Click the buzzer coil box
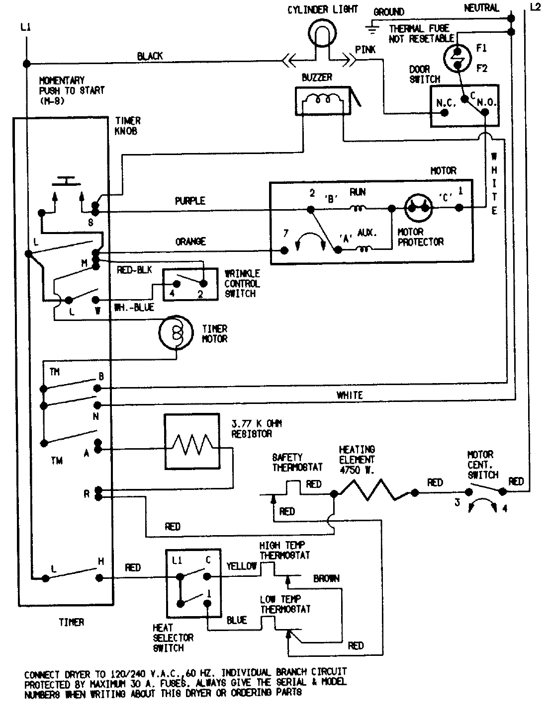(319, 101)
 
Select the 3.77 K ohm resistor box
(191, 442)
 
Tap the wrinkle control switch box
(190, 284)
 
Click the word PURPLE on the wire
(190, 201)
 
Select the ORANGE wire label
(190, 241)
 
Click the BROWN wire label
(326, 578)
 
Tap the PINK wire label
(365, 50)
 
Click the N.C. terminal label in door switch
(443, 103)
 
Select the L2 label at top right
(535, 7)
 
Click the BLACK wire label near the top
(150, 56)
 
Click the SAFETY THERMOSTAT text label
(297, 462)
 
